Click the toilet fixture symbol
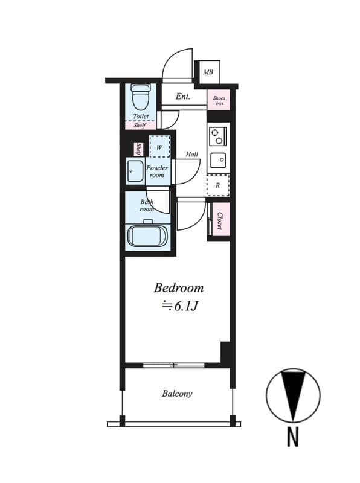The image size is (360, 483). (x=141, y=97)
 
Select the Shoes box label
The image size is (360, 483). (x=219, y=101)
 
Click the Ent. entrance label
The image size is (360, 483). (x=183, y=97)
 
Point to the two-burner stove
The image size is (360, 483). (x=217, y=136)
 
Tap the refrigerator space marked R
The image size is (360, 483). (x=218, y=185)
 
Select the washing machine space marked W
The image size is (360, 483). (x=159, y=147)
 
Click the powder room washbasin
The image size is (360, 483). (x=135, y=171)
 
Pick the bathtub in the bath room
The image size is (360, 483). (x=147, y=236)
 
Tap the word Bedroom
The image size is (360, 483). (x=179, y=288)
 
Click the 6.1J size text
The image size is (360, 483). (x=186, y=306)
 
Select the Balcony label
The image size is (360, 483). (x=177, y=394)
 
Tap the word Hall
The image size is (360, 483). (x=191, y=154)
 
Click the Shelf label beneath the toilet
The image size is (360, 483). (x=140, y=126)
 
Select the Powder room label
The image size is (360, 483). (x=157, y=171)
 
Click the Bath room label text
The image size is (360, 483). (x=147, y=205)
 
